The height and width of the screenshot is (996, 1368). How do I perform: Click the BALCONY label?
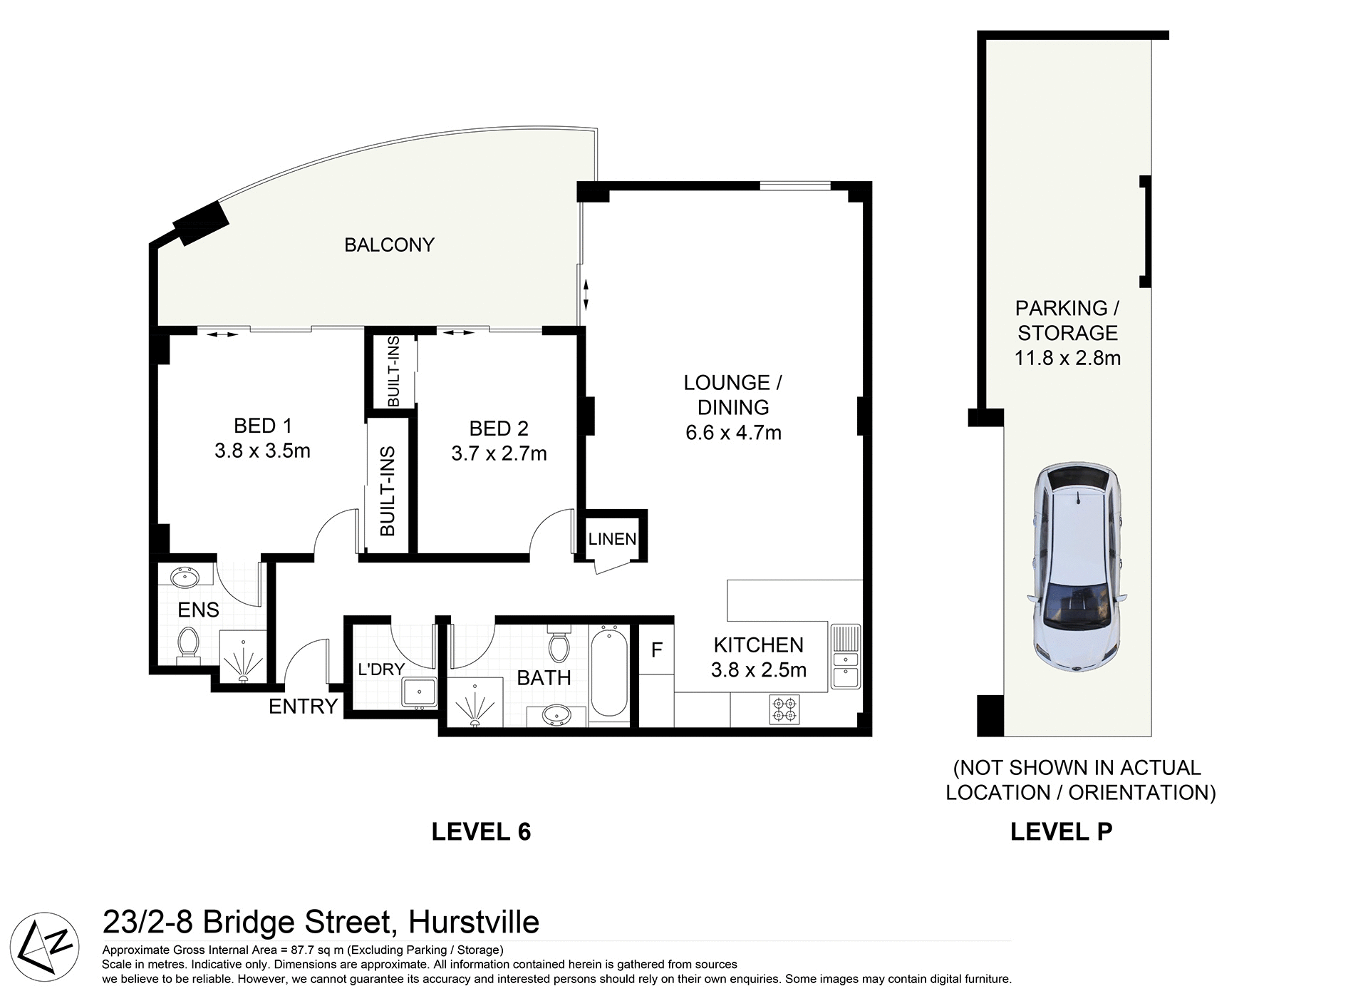click(389, 245)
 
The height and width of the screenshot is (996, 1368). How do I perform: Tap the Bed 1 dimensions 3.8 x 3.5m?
click(262, 451)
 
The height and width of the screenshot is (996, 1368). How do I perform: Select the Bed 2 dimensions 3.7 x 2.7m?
click(499, 453)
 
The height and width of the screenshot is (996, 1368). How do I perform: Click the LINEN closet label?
click(612, 539)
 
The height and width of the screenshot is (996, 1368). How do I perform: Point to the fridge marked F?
click(656, 650)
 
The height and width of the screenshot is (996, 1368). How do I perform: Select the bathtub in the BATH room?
click(608, 672)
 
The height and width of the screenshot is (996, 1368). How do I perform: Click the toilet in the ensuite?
click(189, 643)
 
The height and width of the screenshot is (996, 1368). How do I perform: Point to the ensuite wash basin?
click(187, 577)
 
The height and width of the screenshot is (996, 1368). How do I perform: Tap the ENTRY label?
click(303, 706)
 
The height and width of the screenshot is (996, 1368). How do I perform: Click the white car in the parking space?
click(1077, 567)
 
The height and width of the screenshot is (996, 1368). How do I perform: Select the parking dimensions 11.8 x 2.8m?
click(1067, 358)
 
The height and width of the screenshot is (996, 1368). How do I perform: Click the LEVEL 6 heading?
click(481, 832)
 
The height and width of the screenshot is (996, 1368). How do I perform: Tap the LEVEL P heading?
click(1061, 832)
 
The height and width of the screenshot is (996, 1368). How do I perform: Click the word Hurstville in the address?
click(473, 923)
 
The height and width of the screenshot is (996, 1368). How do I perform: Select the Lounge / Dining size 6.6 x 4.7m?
click(733, 433)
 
